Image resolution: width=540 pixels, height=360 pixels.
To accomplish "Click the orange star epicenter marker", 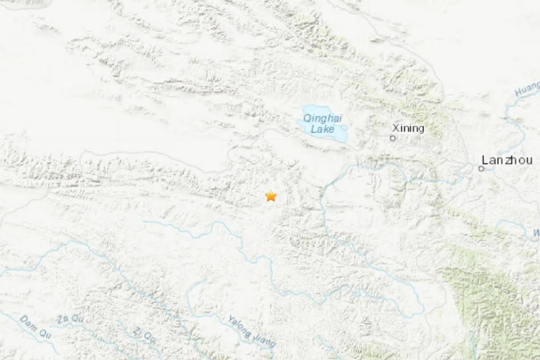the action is click(270, 196).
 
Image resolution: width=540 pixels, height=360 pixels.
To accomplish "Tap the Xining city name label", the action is click(408, 128).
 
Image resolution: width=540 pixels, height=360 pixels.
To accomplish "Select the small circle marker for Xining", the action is click(392, 138).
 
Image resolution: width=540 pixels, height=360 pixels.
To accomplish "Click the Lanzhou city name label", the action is click(507, 160).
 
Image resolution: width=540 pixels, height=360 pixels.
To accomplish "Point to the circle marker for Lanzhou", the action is click(481, 168).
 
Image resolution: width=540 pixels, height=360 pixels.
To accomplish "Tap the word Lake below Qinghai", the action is click(323, 129).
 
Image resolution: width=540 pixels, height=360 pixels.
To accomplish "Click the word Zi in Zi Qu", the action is click(137, 331).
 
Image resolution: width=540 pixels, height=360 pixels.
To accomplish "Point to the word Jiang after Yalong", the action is click(263, 341).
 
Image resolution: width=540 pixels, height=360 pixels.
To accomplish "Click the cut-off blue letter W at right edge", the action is click(536, 233).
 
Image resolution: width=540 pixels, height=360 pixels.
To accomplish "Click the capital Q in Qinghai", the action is click(307, 118).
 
